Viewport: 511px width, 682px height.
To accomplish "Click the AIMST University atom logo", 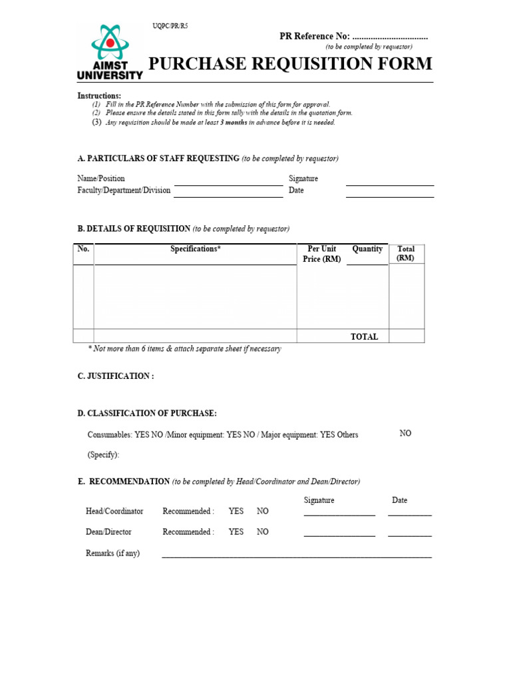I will [110, 43].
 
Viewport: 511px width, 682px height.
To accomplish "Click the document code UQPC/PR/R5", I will [170, 26].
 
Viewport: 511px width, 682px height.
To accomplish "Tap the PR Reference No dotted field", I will [389, 37].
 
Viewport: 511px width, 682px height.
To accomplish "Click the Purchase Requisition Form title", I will [289, 64].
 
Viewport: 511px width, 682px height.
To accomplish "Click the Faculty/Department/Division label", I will [124, 190].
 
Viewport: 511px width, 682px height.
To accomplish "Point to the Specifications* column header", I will [195, 249].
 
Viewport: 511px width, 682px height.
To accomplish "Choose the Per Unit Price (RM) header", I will [322, 254].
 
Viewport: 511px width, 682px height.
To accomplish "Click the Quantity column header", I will [367, 249].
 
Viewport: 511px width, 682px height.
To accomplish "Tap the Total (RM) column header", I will [406, 254].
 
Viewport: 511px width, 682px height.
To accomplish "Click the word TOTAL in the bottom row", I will [364, 337].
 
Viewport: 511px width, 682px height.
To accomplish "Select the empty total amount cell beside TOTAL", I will [407, 336].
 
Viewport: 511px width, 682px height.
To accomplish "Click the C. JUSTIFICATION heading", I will [116, 376].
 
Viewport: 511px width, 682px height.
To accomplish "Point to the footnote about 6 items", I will [184, 349].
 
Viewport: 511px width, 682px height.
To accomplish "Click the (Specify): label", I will [104, 456].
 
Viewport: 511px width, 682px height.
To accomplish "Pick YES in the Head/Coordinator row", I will [236, 511].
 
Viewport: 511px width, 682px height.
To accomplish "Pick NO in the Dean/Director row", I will [263, 532].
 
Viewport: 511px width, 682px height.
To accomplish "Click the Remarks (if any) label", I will [113, 553].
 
